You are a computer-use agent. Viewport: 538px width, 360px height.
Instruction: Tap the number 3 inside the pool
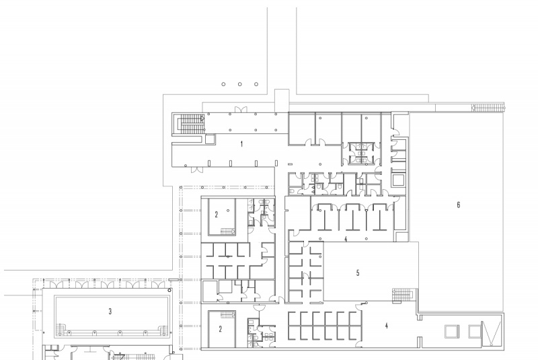(x=109, y=311)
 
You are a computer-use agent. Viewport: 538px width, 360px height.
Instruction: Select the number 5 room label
(x=358, y=273)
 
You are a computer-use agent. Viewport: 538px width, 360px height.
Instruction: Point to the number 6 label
(x=458, y=205)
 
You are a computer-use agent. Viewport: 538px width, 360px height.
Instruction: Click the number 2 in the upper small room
(x=217, y=215)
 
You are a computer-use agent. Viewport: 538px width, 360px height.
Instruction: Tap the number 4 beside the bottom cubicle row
(x=386, y=326)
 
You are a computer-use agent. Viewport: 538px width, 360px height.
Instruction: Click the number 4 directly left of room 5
(x=346, y=239)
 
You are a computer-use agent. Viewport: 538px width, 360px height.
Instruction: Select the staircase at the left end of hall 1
(x=188, y=124)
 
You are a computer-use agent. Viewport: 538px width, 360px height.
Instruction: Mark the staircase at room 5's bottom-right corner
(x=401, y=294)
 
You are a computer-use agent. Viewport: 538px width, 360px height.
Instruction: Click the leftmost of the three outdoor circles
(x=224, y=84)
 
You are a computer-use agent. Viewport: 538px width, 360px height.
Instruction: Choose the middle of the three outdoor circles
(x=240, y=84)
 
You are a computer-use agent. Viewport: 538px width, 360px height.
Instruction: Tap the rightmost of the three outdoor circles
(x=256, y=84)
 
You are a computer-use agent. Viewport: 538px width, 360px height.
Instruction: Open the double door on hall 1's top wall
(x=240, y=109)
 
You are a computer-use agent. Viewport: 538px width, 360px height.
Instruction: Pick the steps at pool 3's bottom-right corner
(x=162, y=328)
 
